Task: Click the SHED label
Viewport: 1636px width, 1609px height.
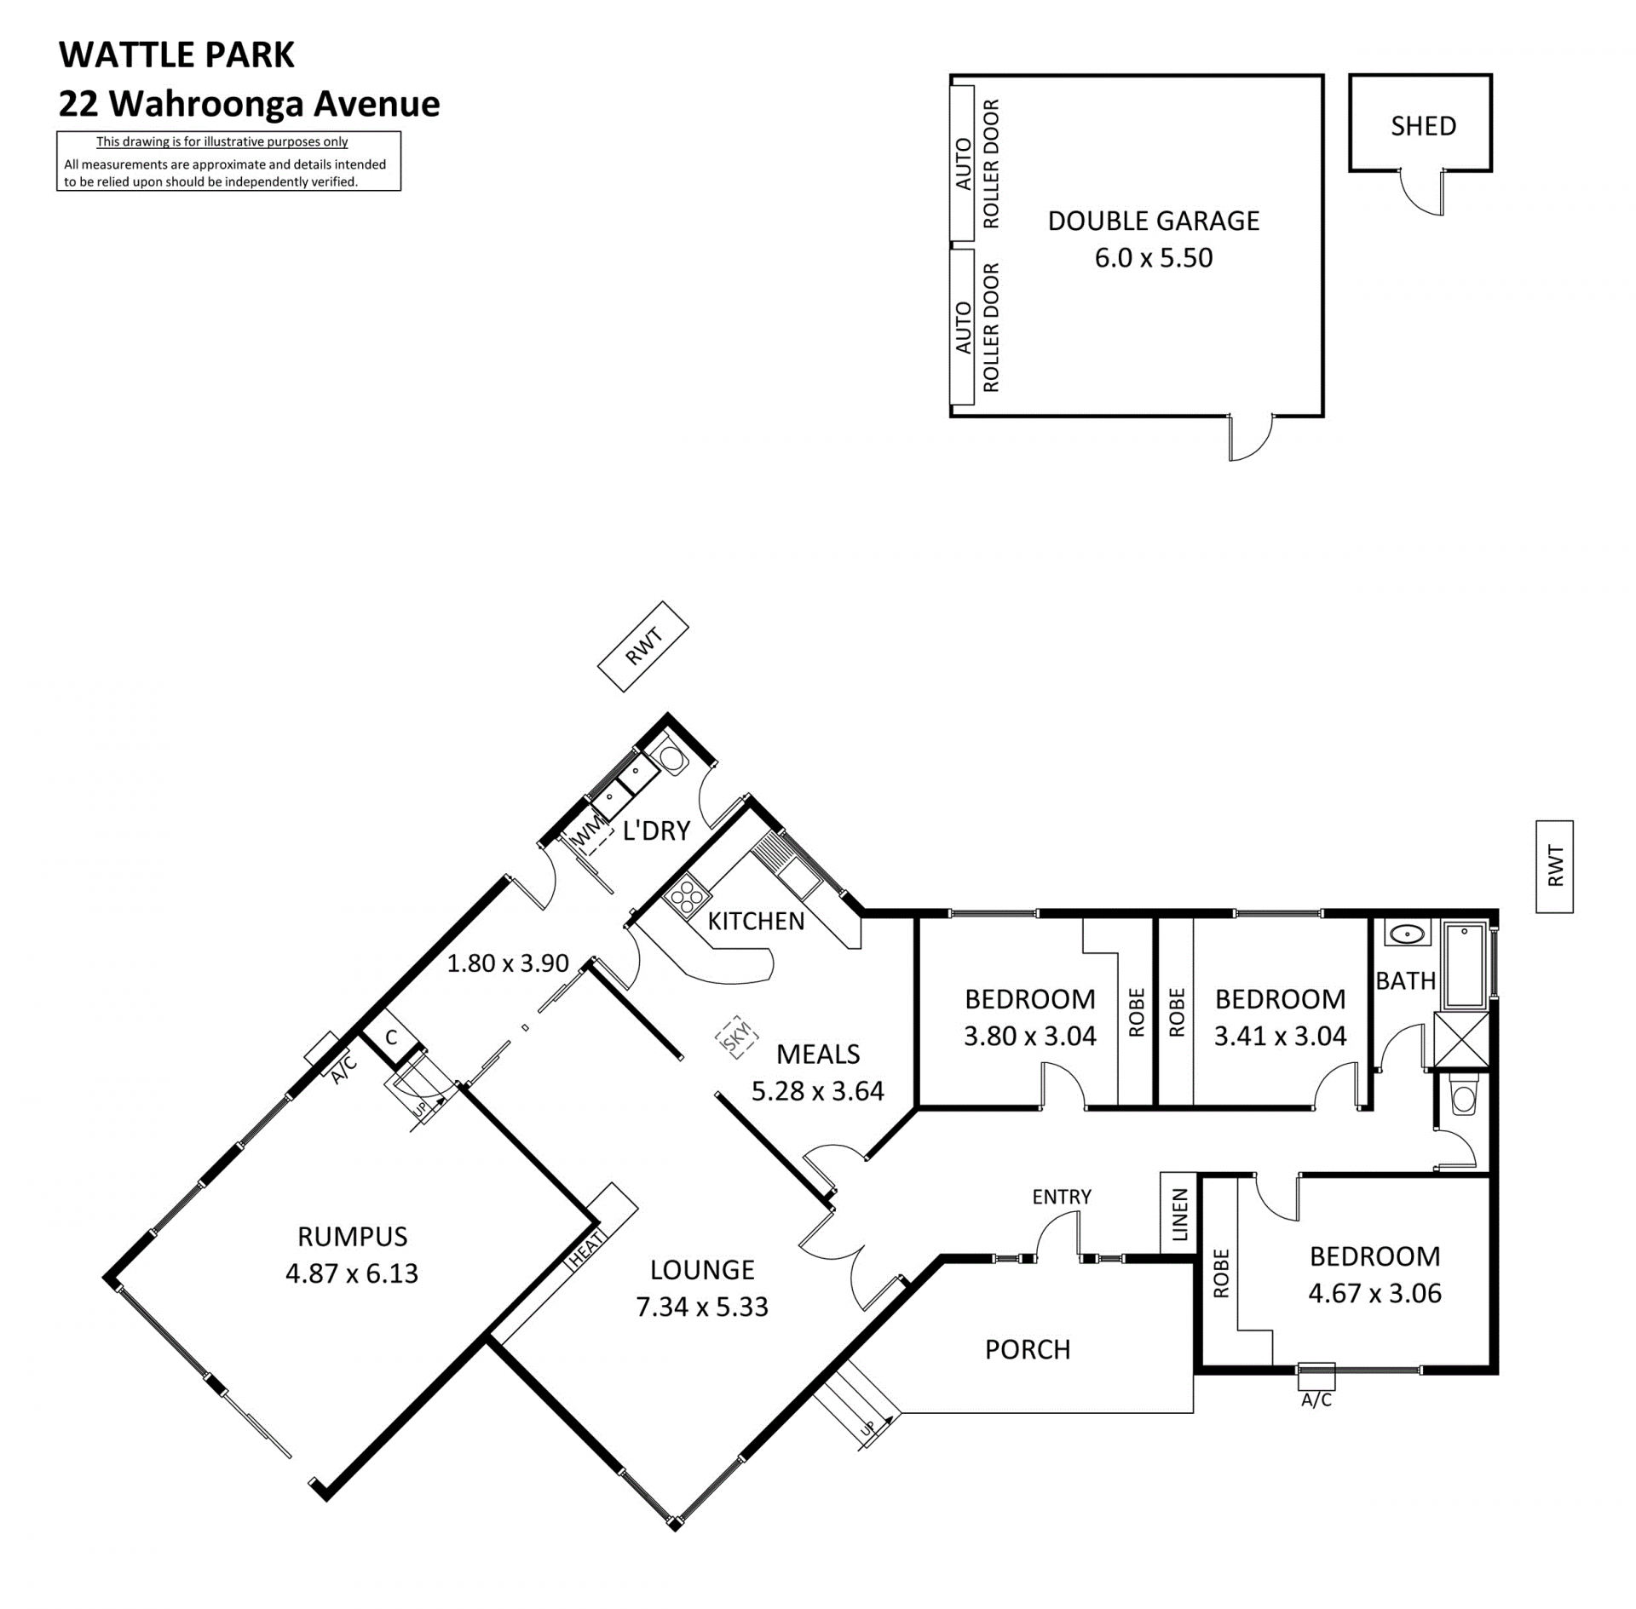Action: pos(1423,126)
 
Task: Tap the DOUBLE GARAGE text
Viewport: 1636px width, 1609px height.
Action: pos(1153,221)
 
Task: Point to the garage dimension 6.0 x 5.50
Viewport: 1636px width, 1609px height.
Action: pos(1153,257)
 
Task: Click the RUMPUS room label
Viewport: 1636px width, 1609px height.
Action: pos(352,1236)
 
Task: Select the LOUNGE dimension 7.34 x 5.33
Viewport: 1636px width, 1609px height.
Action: pos(702,1307)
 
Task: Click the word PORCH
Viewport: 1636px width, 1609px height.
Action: pos(1028,1349)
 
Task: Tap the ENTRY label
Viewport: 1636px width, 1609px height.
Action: pos(1062,1197)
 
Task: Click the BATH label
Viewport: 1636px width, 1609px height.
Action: pos(1406,980)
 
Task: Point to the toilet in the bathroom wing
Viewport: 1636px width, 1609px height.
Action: pos(1463,1096)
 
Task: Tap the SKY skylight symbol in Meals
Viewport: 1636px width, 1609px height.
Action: pos(736,1037)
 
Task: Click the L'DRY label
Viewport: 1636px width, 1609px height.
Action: pos(656,830)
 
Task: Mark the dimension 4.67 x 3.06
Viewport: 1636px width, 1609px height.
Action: pos(1374,1293)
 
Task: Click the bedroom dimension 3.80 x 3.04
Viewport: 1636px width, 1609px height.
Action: pos(1029,1036)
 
